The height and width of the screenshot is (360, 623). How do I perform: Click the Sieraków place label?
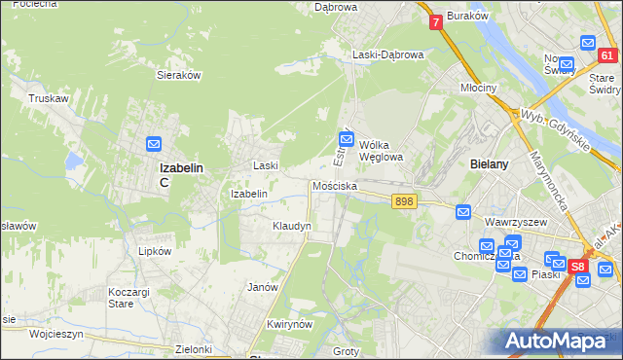[178, 74]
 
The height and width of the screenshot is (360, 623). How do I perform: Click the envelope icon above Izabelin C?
[153, 145]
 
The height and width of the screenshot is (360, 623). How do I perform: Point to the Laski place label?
[267, 165]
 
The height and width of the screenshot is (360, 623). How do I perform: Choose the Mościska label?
[335, 185]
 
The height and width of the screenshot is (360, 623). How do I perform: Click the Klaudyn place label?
[291, 226]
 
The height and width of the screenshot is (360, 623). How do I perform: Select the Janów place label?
[263, 287]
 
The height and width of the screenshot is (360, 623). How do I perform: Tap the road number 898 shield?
[405, 200]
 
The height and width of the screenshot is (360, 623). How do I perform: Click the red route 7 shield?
[435, 20]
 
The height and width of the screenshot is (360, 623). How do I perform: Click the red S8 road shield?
[578, 265]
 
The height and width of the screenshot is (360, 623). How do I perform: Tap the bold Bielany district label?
[489, 164]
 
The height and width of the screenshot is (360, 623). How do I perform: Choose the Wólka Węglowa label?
[381, 150]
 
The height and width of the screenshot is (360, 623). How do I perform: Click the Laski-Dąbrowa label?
[388, 54]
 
